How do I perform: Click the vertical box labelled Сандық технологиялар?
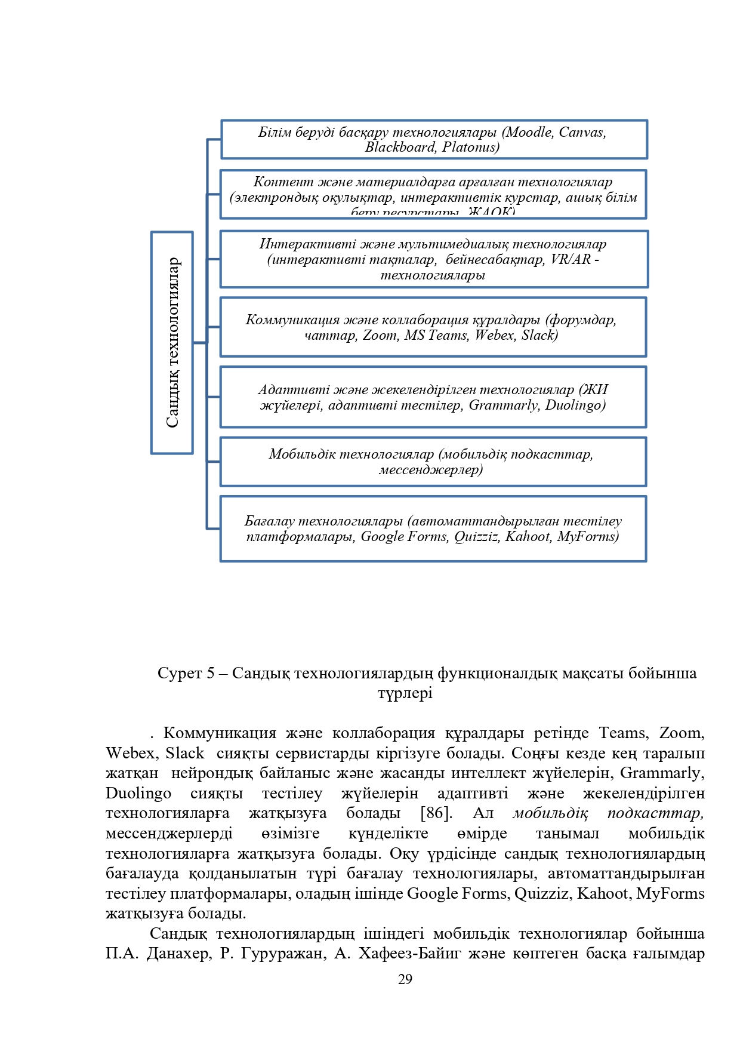(172, 342)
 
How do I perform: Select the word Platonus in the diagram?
(470, 147)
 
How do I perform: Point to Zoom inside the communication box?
(381, 335)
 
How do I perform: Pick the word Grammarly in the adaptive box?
(503, 405)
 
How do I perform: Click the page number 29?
(405, 979)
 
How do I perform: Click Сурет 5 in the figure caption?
(186, 673)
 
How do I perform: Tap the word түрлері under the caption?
(405, 693)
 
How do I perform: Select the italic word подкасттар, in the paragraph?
(655, 813)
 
